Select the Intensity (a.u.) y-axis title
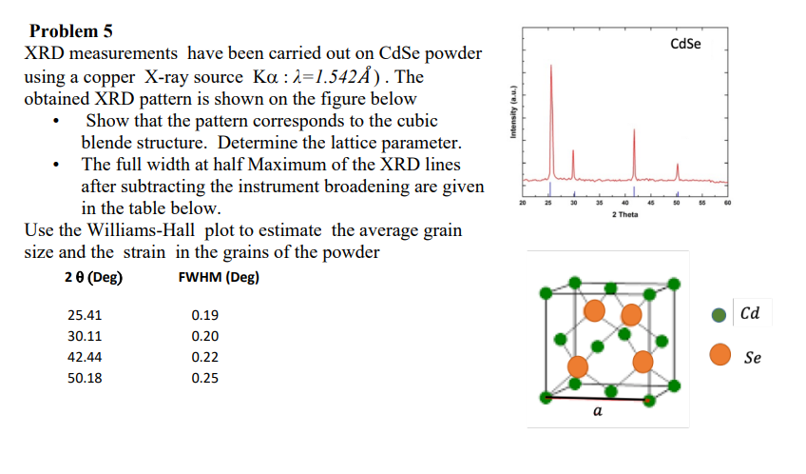pyautogui.click(x=512, y=112)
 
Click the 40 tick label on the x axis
pyautogui.click(x=624, y=202)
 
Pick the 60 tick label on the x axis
pyautogui.click(x=727, y=202)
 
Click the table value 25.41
pyautogui.click(x=86, y=315)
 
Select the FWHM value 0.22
pyautogui.click(x=204, y=357)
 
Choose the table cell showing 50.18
pyautogui.click(x=86, y=378)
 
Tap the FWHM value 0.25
pyautogui.click(x=204, y=378)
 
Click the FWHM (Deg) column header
pyautogui.click(x=219, y=278)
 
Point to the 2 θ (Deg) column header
pyautogui.click(x=94, y=278)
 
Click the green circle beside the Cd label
pyautogui.click(x=721, y=315)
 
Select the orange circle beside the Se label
pyautogui.click(x=721, y=355)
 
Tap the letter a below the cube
pyautogui.click(x=597, y=411)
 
